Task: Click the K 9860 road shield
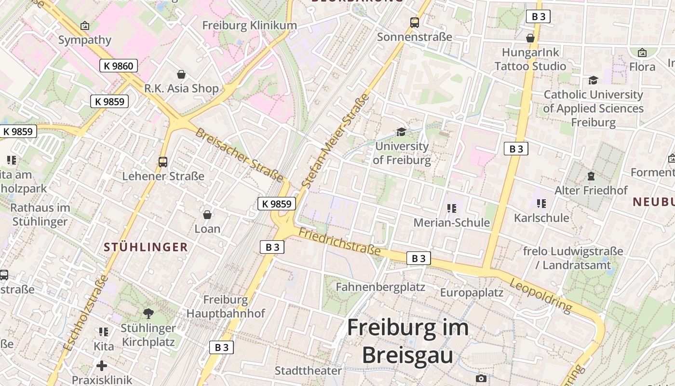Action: [119, 66]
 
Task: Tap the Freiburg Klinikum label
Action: [249, 25]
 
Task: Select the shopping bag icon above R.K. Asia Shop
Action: [181, 74]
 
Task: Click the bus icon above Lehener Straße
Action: [163, 162]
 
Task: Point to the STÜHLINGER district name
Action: [146, 247]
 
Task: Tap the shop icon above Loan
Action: [207, 214]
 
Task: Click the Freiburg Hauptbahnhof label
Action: [226, 306]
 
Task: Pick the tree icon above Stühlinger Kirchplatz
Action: [148, 314]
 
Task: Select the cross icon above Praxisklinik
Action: [102, 365]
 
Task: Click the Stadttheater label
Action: [308, 371]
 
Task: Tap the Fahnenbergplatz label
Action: [380, 287]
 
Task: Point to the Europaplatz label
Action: [472, 292]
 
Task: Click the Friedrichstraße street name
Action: [339, 242]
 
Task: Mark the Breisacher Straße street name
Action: [239, 154]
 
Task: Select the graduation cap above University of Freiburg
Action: [401, 132]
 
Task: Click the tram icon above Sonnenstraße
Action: [415, 22]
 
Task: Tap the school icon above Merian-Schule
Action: [452, 208]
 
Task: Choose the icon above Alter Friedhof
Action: [591, 176]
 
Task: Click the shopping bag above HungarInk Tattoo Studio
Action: [530, 38]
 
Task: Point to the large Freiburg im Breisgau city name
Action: [408, 341]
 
